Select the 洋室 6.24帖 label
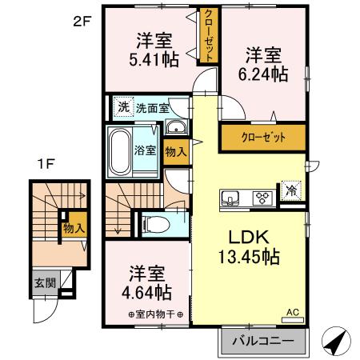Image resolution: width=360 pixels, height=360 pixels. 265,64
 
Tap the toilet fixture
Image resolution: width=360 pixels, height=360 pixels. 155,221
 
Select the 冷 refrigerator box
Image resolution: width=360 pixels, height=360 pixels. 292,192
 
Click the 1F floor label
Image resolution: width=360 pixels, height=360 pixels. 46,166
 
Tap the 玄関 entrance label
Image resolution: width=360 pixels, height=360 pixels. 44,282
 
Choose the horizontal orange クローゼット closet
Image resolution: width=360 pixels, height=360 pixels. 263,137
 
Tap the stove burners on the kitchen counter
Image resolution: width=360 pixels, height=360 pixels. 262,198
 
